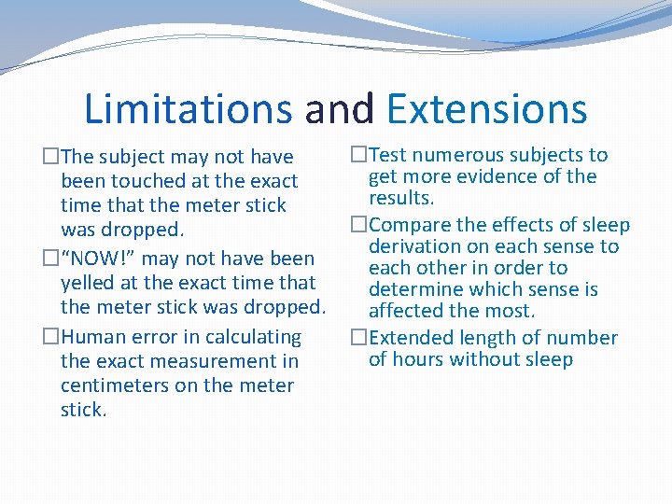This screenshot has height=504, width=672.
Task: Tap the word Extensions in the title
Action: point(486,108)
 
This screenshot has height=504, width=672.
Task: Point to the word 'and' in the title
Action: point(339,108)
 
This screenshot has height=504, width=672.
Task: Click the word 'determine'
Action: point(413,289)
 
